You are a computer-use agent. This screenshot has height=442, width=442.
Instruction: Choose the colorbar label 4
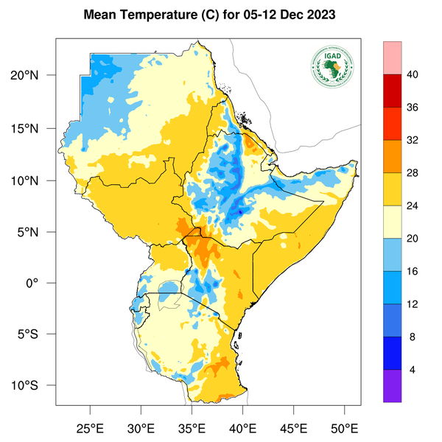point(414,370)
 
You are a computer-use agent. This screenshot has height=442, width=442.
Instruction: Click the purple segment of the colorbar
point(393,385)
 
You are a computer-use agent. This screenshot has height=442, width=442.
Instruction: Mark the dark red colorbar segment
point(393,91)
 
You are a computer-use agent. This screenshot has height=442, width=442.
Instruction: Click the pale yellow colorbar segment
point(393,222)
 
